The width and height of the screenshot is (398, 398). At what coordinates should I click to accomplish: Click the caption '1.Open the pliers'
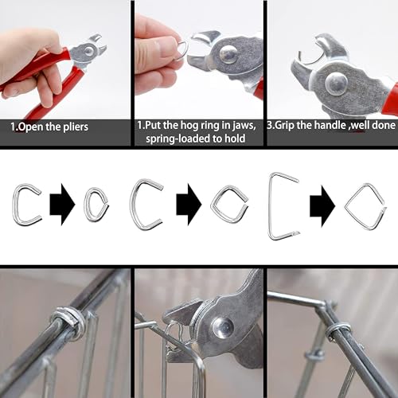pyautogui.click(x=49, y=126)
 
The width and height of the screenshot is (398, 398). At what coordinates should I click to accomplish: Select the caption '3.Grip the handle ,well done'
pyautogui.click(x=331, y=126)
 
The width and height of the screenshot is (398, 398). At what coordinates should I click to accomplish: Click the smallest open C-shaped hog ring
pyautogui.click(x=25, y=205)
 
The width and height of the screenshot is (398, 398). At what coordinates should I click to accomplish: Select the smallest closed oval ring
pyautogui.click(x=96, y=205)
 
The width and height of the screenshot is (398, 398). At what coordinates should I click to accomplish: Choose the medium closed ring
pyautogui.click(x=229, y=205)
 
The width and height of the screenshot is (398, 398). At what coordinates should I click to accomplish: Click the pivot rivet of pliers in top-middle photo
pyautogui.click(x=229, y=54)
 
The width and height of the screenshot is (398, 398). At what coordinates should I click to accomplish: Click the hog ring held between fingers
pyautogui.click(x=182, y=50)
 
